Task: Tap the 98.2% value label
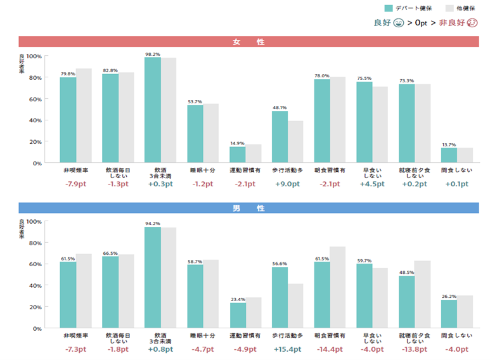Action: click(x=152, y=54)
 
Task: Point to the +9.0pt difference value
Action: click(x=287, y=184)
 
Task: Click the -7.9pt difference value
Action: click(x=75, y=184)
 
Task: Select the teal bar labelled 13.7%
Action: click(x=449, y=155)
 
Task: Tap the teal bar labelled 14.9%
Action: click(x=237, y=155)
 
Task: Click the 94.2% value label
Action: click(x=152, y=223)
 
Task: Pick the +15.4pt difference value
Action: click(x=287, y=349)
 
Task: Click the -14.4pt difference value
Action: click(x=330, y=349)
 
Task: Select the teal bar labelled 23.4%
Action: click(x=237, y=316)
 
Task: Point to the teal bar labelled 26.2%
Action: click(x=449, y=314)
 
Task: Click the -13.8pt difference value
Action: click(x=415, y=349)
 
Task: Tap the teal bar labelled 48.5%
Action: click(x=406, y=302)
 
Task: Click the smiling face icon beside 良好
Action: click(x=399, y=23)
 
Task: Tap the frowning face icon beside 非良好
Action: click(x=473, y=23)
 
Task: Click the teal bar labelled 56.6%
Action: click(x=280, y=298)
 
